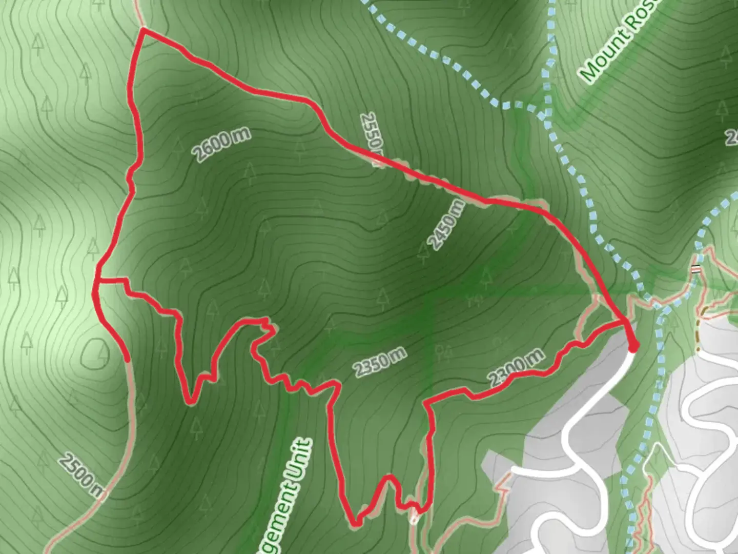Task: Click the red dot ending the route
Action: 633,347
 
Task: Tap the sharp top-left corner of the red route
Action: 143,30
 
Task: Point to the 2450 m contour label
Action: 447,225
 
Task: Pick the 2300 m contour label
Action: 516,367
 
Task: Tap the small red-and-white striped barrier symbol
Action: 695,269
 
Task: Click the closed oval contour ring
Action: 96,353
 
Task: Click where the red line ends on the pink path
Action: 127,360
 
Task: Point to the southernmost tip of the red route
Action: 355,524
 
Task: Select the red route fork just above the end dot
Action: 624,322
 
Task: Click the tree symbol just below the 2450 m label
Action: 423,251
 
